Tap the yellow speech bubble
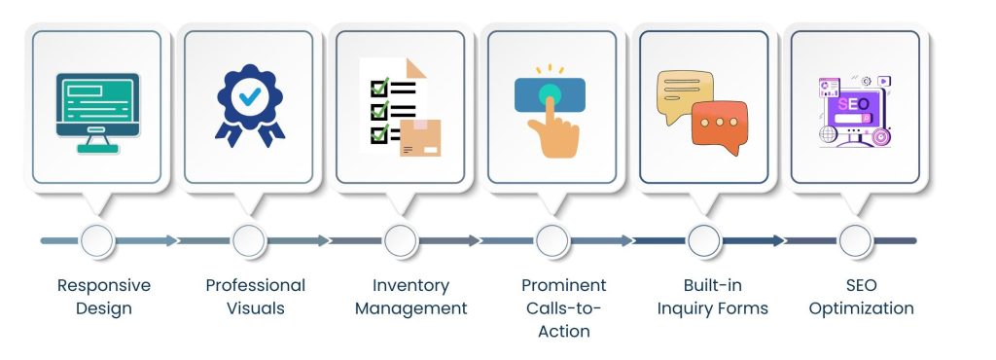[685, 95]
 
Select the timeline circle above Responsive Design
[96, 240]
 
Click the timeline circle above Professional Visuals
[249, 240]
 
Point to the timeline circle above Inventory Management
[401, 240]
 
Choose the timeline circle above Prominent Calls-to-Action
[552, 240]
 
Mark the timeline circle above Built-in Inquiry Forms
[704, 240]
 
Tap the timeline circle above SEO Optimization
[855, 240]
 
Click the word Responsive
[104, 286]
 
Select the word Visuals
[256, 308]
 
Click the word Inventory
[410, 286]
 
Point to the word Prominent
[563, 286]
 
